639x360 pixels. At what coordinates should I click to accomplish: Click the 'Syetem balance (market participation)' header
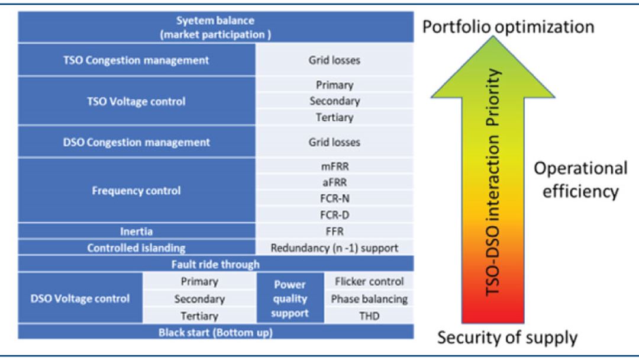point(216,28)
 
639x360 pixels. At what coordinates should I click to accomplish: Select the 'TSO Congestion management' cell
point(136,60)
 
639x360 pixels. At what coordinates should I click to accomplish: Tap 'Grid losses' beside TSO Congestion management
point(335,60)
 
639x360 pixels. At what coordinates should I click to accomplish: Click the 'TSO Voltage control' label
point(136,101)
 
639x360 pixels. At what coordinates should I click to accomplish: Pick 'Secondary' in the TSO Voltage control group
point(335,101)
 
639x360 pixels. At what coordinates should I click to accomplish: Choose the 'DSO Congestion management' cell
point(136,142)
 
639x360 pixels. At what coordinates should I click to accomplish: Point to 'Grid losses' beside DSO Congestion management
point(335,142)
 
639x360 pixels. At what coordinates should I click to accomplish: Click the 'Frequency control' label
point(136,191)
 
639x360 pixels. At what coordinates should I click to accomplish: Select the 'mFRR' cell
point(335,168)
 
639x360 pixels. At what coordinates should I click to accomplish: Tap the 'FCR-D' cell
point(335,216)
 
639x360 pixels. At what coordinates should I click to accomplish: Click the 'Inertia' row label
point(136,232)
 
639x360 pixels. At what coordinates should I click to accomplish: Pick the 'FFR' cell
point(335,232)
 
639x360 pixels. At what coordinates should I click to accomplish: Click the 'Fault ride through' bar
point(216,265)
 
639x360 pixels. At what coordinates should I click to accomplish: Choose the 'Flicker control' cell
point(369,281)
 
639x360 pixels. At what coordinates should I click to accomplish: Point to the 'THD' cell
point(369,316)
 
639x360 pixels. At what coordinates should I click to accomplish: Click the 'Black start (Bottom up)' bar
point(216,332)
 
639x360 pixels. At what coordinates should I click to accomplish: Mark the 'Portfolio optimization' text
point(508,27)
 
